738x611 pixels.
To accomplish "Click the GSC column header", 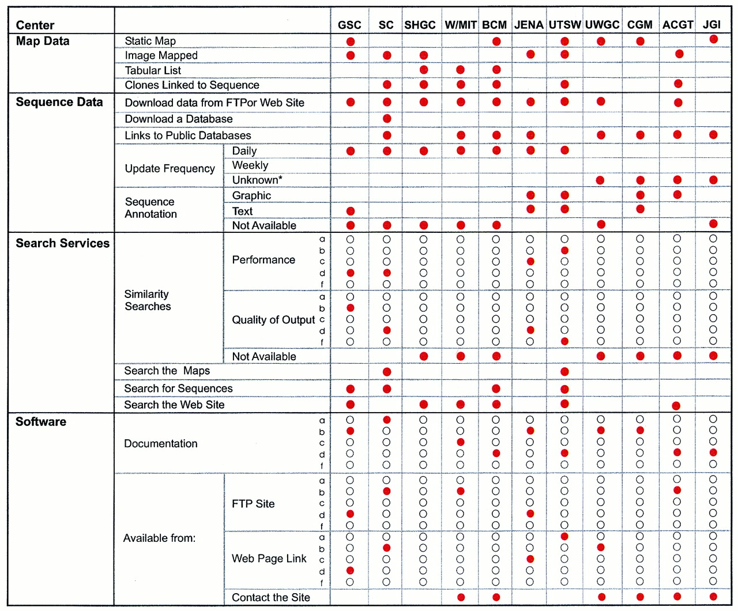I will (349, 25).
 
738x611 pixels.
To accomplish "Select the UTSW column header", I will (564, 25).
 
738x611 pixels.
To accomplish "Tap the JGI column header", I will (711, 24).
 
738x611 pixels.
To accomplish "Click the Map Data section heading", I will (43, 41).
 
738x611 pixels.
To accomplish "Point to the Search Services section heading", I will (62, 243).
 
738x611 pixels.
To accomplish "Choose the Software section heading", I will (41, 421).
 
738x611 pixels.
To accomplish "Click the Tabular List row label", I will (153, 70).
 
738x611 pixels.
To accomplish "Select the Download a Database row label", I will (179, 119).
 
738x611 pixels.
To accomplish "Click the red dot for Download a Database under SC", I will (387, 119).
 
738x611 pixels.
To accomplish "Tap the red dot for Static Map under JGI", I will (713, 39).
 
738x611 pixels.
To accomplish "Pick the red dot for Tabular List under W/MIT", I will (460, 70).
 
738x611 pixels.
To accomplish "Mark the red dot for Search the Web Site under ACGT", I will (676, 406).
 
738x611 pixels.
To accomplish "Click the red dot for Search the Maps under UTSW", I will (564, 372).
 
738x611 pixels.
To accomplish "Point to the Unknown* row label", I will (257, 180).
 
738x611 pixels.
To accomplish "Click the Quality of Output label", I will (273, 320).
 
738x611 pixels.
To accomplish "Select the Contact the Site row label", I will (271, 597).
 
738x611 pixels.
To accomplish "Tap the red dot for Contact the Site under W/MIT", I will (461, 597).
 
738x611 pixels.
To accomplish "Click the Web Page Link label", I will (269, 559).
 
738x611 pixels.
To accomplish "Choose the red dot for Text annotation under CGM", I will (640, 209).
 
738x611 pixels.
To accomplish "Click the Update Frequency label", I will (170, 168).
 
